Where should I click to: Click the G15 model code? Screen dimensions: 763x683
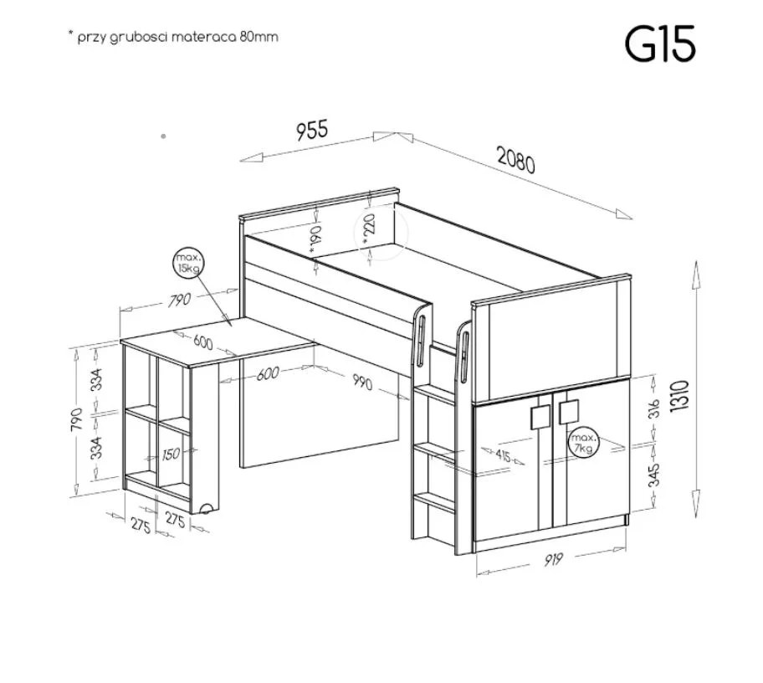click(660, 44)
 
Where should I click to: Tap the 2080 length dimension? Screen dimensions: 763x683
click(516, 159)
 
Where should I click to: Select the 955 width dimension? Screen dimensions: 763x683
click(312, 130)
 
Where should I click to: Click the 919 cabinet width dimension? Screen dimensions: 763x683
click(553, 560)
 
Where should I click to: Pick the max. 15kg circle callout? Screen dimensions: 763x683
click(188, 264)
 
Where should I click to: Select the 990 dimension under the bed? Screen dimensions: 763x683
click(362, 383)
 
